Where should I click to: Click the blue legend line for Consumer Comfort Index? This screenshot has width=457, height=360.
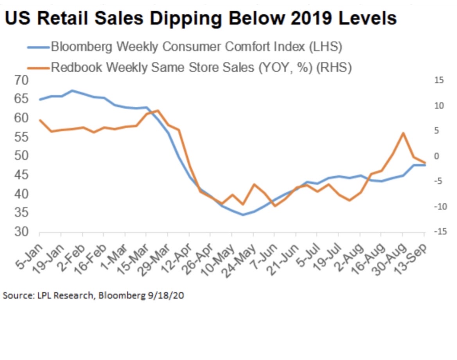click(x=38, y=48)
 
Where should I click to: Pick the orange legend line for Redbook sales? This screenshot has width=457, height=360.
click(x=38, y=68)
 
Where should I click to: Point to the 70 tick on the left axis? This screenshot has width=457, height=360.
click(x=22, y=81)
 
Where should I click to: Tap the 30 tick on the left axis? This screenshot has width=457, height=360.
click(x=22, y=232)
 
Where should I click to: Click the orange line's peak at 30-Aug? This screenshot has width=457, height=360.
click(x=403, y=133)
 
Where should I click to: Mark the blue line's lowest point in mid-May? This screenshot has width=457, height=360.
click(x=243, y=215)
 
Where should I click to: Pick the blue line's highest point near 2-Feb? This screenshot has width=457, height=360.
click(x=72, y=91)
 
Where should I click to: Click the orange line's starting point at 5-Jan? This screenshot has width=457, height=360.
click(x=39, y=120)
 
